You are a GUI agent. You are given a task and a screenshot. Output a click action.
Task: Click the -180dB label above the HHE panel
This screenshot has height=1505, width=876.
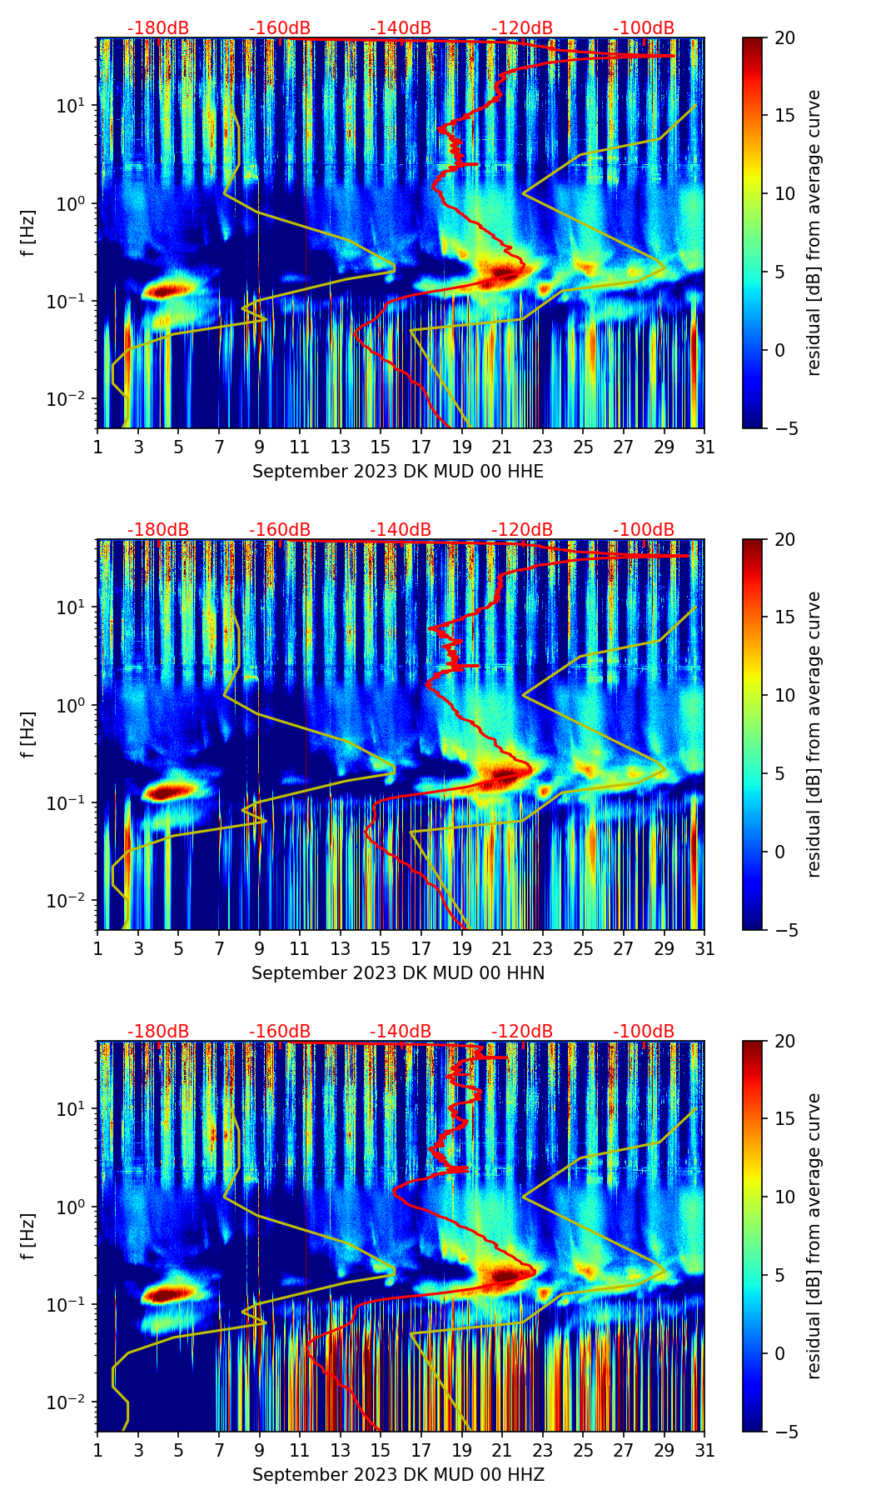coord(158,28)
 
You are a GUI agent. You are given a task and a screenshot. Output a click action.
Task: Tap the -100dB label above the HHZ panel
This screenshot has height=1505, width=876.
coord(644,1032)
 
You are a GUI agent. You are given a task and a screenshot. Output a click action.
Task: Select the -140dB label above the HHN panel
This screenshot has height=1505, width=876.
coord(401,530)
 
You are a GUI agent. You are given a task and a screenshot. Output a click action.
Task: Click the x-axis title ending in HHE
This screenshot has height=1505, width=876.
coord(398,472)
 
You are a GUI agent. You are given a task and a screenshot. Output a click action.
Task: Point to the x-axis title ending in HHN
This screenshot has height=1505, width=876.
coord(398,973)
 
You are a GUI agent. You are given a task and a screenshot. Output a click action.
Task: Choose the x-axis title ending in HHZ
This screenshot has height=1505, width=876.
coord(398,1475)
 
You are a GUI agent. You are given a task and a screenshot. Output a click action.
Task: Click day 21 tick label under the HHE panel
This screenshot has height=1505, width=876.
coord(502,447)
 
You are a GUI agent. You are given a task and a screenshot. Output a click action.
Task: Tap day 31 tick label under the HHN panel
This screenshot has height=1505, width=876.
coord(704,948)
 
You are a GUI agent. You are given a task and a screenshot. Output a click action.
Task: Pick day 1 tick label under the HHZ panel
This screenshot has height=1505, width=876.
coord(97,1450)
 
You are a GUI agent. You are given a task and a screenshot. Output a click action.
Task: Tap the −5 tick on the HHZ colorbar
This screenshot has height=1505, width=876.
coord(782,1432)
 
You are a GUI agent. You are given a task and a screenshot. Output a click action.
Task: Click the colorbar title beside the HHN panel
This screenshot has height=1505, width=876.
coord(814,733)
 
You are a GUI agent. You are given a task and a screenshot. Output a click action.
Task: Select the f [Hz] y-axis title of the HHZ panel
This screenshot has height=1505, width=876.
coord(27,1237)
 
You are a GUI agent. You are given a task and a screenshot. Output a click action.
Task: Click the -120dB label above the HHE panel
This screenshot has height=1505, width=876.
coord(522,28)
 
